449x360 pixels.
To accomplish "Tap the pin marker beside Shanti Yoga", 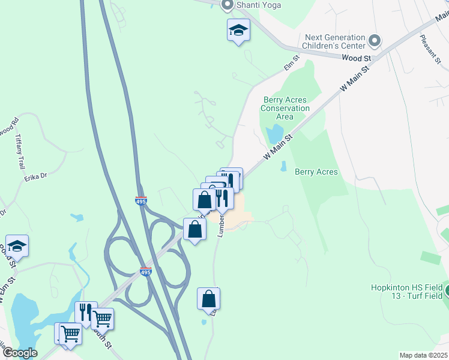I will [x=228, y=6].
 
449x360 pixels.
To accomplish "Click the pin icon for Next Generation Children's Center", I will [x=375, y=41].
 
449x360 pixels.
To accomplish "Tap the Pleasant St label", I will [x=430, y=49].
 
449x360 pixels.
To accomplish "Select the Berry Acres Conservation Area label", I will [x=285, y=108].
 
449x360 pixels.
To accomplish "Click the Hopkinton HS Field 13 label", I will [x=406, y=292].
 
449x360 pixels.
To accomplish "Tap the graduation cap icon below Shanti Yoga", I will [x=238, y=31].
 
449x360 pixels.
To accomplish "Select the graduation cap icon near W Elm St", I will [x=17, y=247].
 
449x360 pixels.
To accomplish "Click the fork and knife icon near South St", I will [x=85, y=312].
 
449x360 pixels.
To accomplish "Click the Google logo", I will [x=19, y=353].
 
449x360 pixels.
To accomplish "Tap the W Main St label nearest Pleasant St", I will [x=353, y=79].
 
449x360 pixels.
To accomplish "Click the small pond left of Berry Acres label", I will [x=283, y=166].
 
